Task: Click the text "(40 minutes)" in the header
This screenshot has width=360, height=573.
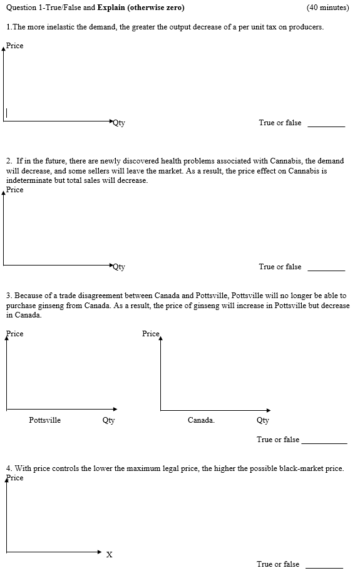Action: [x=327, y=8]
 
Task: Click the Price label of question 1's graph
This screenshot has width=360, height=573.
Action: [x=15, y=46]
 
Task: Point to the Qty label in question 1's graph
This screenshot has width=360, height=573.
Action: [x=119, y=123]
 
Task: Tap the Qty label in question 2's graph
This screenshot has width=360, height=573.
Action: [x=119, y=267]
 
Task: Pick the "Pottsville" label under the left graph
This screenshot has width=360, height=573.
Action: [x=45, y=420]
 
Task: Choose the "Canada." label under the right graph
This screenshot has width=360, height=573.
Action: [x=201, y=420]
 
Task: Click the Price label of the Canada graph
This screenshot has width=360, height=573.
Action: [x=151, y=333]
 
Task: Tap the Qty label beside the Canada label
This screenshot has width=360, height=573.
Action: [x=263, y=420]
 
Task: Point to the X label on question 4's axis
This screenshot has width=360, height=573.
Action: [x=110, y=554]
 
